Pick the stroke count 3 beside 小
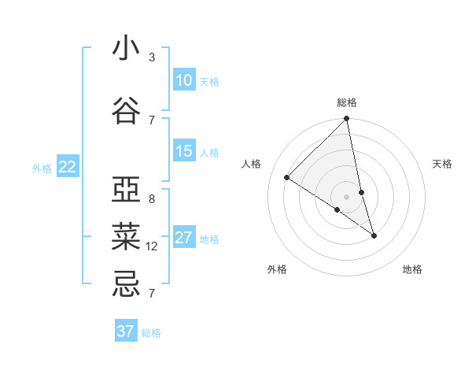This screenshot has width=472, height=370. coord(152,57)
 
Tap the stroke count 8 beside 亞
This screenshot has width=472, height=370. coord(152,199)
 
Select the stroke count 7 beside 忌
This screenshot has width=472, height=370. coord(152,294)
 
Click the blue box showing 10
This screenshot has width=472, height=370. coord(184,80)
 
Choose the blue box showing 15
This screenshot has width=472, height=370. coord(184,151)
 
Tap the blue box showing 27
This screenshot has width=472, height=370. coord(184,238)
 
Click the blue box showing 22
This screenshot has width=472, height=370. coord(67,166)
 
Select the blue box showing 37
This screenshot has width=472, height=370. coord(126,331)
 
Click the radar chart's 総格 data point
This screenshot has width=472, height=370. coord(347,119)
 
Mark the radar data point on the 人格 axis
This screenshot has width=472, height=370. coord(287,178)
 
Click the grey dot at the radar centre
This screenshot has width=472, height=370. coord(347,196)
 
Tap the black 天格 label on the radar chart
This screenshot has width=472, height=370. coord(443,164)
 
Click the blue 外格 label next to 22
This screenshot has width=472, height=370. coord(42,168)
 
